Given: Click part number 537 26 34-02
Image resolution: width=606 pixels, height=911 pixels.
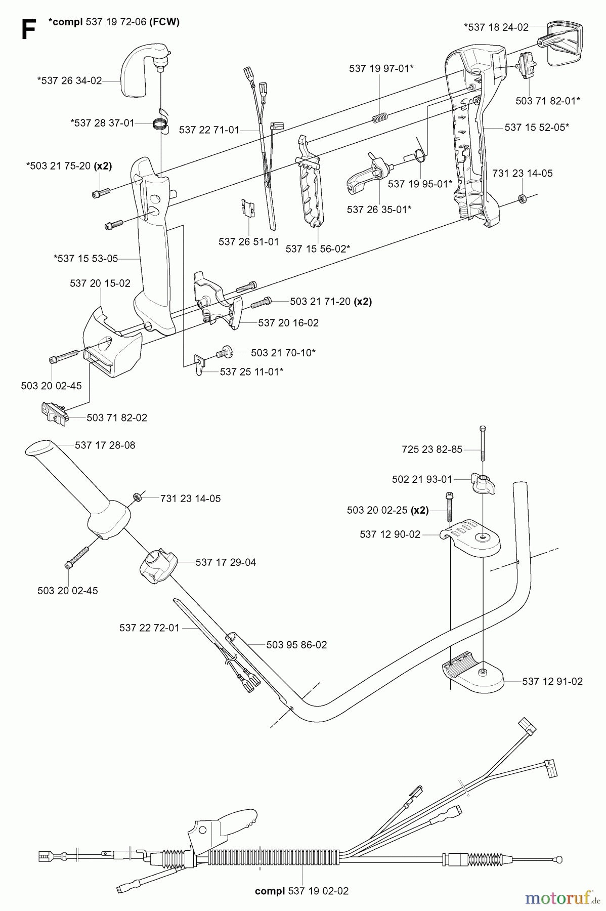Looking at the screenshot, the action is (x=69, y=80).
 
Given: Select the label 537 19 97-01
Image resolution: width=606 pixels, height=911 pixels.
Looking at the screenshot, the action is (x=381, y=68).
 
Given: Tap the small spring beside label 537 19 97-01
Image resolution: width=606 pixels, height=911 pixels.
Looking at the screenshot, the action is (x=380, y=118).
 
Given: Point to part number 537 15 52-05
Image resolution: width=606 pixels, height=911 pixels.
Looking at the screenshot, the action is (x=537, y=127).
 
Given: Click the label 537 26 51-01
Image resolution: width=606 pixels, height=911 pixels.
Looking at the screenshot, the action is (x=249, y=242).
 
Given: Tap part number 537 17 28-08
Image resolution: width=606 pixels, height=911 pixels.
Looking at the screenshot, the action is (x=105, y=445).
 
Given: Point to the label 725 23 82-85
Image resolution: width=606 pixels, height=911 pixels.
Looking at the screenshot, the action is (x=432, y=449).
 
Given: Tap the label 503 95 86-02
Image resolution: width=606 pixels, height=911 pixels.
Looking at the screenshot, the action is (x=296, y=645).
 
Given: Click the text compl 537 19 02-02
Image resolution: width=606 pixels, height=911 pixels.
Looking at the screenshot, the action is (x=302, y=891).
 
